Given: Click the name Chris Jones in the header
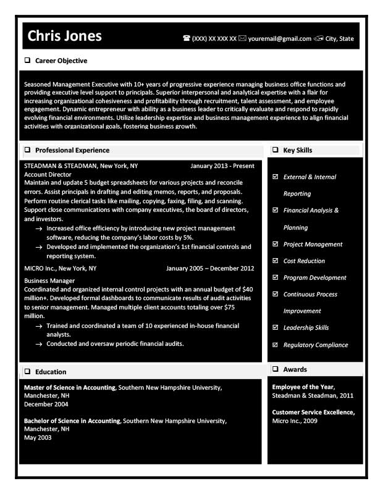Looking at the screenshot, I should (65, 36).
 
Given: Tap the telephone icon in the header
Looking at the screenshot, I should (187, 38).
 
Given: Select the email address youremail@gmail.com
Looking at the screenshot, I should (280, 38).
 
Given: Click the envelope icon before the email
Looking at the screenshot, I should (243, 38).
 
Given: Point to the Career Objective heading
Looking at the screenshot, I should (61, 61).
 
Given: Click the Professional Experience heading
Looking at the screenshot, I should (72, 150).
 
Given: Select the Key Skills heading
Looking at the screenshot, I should (298, 150).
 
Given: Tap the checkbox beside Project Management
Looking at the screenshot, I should (275, 244).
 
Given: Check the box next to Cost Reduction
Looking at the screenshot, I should (275, 261).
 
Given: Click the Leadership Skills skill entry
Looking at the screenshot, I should (306, 327).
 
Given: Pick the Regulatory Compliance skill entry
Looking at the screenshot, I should (316, 345).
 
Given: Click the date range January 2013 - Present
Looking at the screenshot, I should (222, 166).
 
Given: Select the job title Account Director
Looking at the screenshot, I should (48, 175).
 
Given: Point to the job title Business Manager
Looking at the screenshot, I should (49, 280).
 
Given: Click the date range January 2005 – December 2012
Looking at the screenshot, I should (210, 269).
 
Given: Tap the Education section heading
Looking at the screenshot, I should (51, 372).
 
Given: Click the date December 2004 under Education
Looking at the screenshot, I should (46, 404).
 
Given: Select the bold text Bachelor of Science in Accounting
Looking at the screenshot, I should (72, 421).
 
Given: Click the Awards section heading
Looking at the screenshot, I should (295, 369).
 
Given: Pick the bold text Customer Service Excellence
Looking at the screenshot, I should (313, 412).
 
